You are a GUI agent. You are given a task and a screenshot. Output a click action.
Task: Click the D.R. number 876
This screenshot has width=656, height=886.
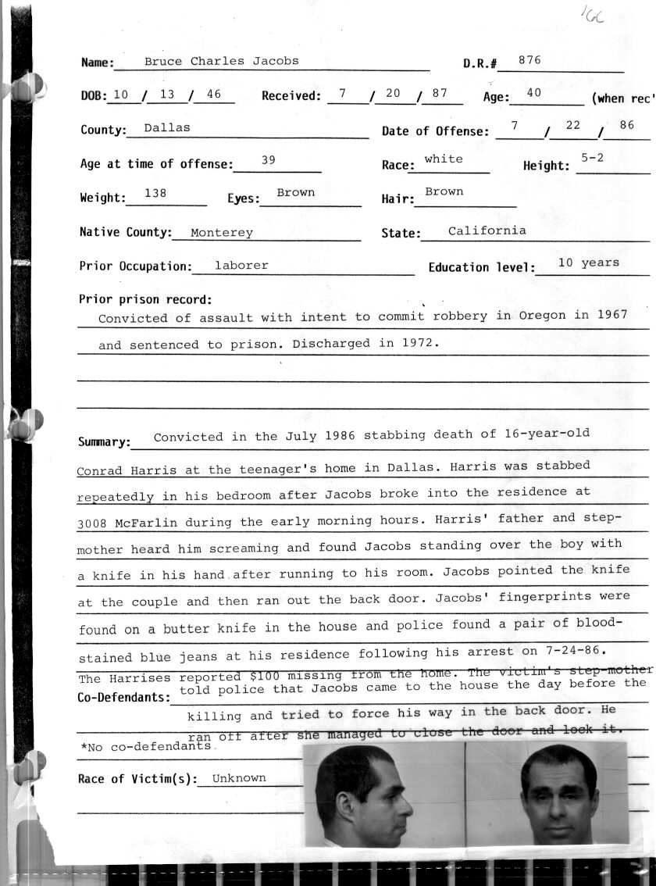coord(529,59)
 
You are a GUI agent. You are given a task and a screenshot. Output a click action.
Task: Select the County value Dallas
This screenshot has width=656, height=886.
coord(167,127)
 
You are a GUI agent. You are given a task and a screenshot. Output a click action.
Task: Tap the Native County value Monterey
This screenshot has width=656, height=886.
coord(222,232)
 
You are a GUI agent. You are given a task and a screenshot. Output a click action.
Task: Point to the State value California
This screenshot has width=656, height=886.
coord(487,230)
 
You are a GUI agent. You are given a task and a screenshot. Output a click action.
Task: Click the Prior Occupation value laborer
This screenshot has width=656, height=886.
coord(241,266)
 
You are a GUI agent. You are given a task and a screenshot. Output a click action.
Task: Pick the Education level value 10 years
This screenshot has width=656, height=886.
coord(589,263)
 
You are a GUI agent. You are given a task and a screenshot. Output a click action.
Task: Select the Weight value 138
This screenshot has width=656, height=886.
coord(155,192)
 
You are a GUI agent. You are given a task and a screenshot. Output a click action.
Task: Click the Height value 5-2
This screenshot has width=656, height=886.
coord(593,158)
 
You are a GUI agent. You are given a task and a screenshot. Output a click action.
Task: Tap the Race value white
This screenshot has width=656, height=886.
coord(444,159)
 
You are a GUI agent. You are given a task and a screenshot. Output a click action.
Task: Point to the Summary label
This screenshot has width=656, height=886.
coord(103,442)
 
